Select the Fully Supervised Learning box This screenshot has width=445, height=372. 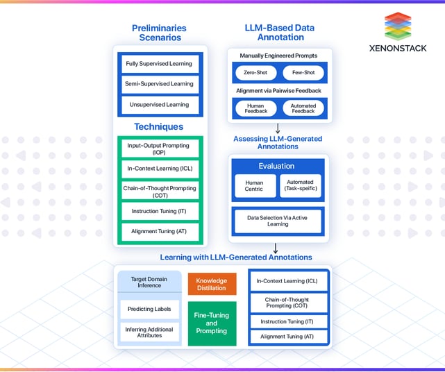tap(159, 64)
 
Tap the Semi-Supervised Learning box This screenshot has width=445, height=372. tap(159, 85)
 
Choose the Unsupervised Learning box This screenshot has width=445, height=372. tap(159, 105)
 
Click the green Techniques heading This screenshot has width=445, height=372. tap(159, 127)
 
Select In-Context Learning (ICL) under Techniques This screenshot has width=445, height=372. tap(159, 169)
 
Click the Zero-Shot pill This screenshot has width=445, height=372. tap(255, 73)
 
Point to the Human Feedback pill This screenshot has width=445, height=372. tap(255, 108)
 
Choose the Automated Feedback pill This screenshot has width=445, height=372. tap(303, 108)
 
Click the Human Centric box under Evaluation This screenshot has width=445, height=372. tap(253, 185)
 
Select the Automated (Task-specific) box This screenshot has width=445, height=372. tap(301, 185)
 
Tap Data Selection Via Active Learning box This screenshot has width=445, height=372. tap(278, 221)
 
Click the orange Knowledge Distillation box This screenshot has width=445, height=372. tap(212, 284)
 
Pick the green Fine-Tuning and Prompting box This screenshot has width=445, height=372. tap(212, 323)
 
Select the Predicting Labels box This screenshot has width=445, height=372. tap(149, 309)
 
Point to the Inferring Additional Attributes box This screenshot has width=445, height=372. tap(149, 331)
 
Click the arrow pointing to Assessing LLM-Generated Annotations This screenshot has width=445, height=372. tap(278, 129)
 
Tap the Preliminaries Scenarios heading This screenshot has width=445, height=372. tap(159, 33)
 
